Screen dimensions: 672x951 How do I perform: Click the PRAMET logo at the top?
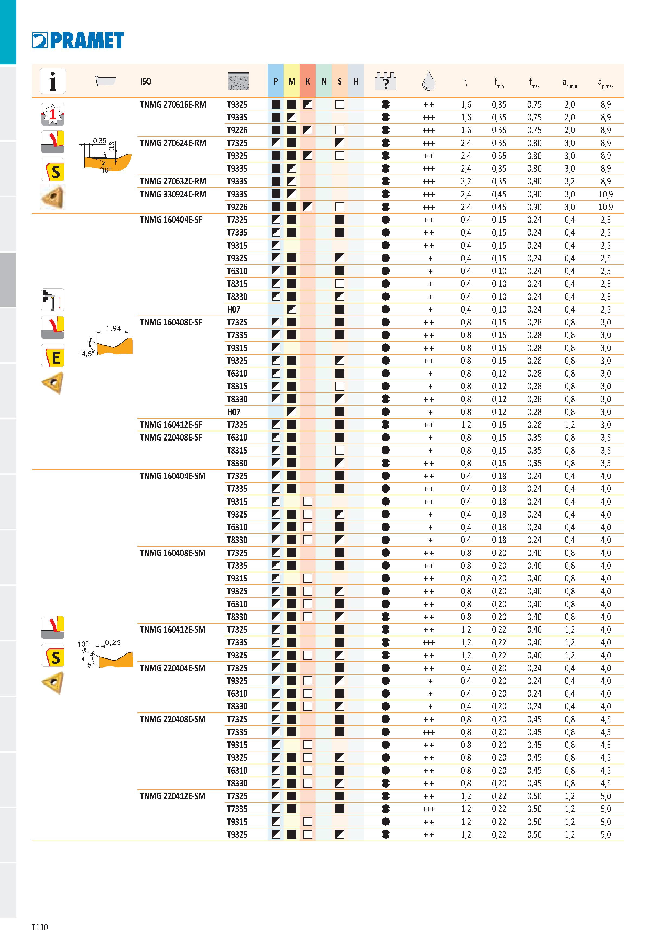click(x=78, y=40)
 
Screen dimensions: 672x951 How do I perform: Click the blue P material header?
click(x=276, y=81)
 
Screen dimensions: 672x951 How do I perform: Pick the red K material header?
click(x=308, y=81)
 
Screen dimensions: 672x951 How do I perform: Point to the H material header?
click(x=356, y=81)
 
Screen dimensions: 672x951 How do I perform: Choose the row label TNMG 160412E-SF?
click(x=171, y=425)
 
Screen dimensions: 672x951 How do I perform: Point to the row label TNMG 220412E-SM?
click(x=172, y=796)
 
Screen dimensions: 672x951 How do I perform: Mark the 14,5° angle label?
click(x=86, y=354)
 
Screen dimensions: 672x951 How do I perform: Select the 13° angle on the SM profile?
click(x=83, y=644)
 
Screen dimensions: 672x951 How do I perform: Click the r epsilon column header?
click(x=466, y=82)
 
